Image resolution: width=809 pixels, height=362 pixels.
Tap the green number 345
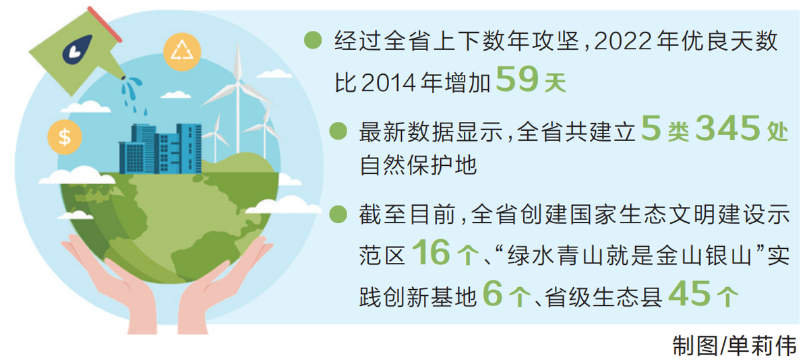(727, 127)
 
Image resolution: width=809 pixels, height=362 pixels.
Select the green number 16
(431, 252)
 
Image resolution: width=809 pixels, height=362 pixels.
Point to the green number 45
(690, 294)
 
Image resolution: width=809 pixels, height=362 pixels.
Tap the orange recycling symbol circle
(182, 51)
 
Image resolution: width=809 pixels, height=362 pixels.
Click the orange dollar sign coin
(65, 138)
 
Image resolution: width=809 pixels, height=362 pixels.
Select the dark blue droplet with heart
(77, 50)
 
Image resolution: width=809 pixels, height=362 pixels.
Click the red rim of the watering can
(104, 24)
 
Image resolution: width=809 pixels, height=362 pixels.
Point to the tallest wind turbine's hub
(238, 84)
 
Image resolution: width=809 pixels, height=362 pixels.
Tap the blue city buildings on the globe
(160, 149)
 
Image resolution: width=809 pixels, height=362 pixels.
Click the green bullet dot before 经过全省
(313, 40)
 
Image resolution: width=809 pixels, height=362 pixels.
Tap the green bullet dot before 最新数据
(338, 131)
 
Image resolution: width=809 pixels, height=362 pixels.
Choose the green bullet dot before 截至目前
(338, 214)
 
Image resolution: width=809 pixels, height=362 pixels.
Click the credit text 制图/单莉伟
(735, 346)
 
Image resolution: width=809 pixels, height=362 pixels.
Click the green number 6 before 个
(493, 294)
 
